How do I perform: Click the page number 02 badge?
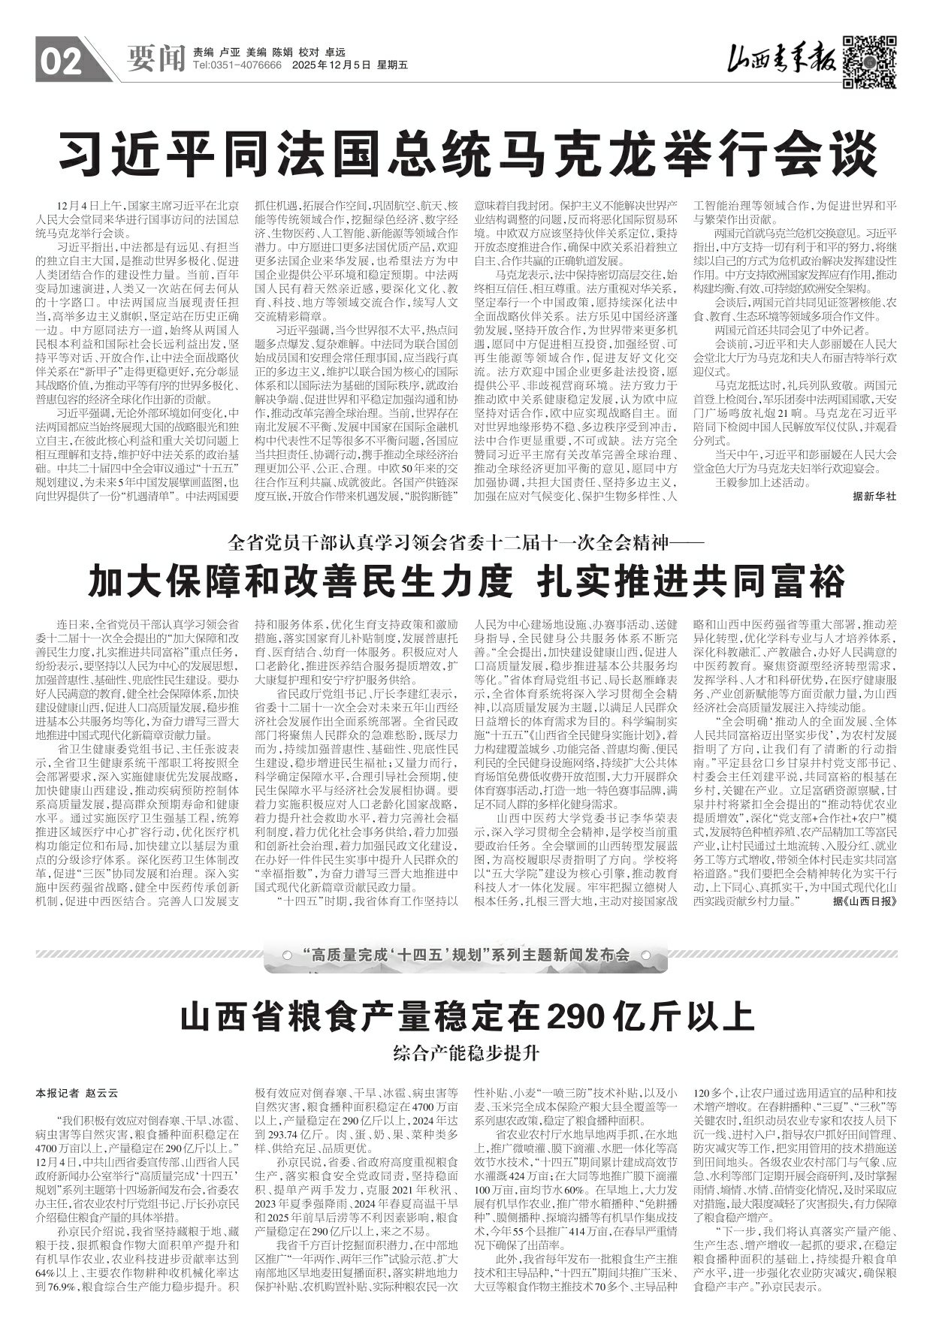coord(60,62)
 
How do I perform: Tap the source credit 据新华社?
coord(874,496)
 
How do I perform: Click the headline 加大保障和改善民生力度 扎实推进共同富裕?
coord(466,581)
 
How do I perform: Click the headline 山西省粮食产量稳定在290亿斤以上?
coord(466,1017)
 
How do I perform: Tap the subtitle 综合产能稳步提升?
coord(466,1053)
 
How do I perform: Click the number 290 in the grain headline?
coord(576,1017)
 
